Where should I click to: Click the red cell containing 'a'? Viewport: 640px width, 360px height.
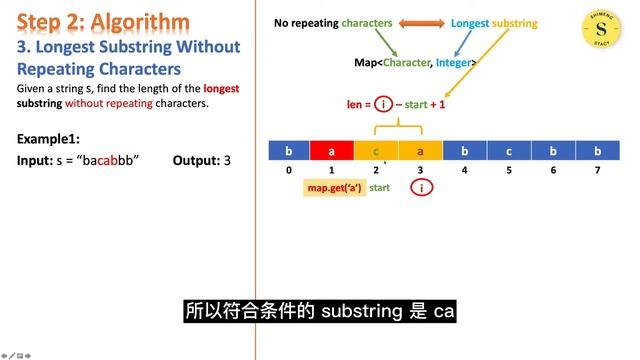click(332, 150)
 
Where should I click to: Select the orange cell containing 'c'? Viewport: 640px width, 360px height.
click(376, 150)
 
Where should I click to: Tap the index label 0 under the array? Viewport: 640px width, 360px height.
click(288, 170)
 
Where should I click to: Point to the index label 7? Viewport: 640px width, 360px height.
click(597, 170)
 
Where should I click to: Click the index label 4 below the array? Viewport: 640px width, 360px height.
click(465, 170)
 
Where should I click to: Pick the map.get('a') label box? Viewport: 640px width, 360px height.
click(333, 188)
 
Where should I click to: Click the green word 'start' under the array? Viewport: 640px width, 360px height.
click(380, 188)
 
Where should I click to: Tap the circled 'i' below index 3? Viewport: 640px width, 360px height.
click(422, 188)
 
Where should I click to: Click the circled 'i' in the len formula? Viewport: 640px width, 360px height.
click(383, 105)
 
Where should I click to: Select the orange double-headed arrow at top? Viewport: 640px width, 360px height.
click(423, 22)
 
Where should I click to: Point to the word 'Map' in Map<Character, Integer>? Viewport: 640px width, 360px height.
click(365, 62)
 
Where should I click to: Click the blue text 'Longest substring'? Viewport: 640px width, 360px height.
click(494, 22)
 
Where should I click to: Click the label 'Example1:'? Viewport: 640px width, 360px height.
click(48, 138)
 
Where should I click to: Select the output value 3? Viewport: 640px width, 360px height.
click(227, 160)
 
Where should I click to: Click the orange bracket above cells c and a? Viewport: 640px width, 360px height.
click(398, 128)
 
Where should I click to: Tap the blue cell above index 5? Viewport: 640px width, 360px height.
click(509, 150)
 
